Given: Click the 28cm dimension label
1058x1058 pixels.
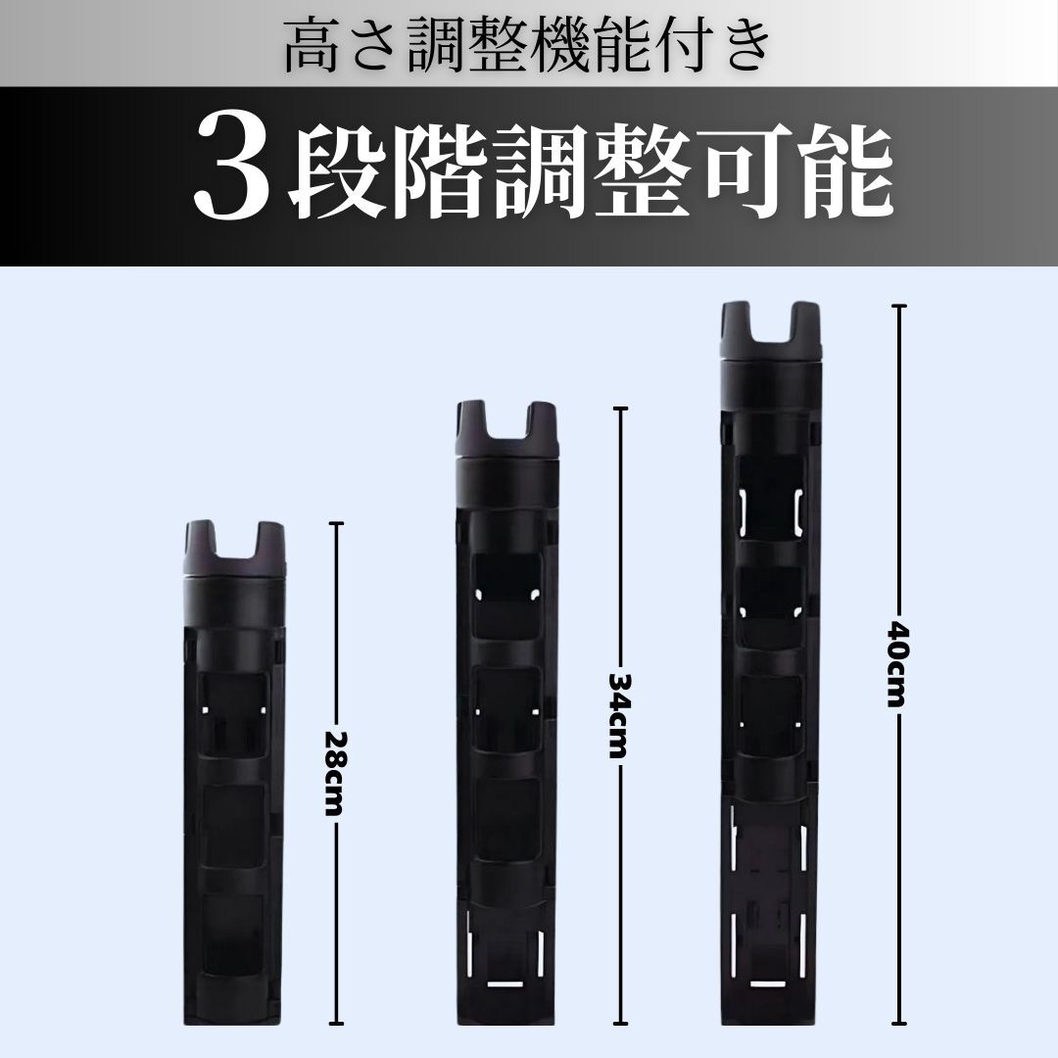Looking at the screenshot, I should [x=334, y=774].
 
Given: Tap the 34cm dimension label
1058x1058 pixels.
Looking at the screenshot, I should [x=617, y=715].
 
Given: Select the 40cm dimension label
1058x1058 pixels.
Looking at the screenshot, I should [x=897, y=662].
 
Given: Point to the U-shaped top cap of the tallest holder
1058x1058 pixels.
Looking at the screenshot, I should [x=770, y=330].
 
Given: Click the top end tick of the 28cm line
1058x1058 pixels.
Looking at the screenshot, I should [x=335, y=524].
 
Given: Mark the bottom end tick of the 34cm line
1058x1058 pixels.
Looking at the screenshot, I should [x=617, y=1022].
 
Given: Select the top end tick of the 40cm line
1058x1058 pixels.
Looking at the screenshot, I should [x=897, y=307].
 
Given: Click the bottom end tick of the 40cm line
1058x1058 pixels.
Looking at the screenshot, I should [x=897, y=1022].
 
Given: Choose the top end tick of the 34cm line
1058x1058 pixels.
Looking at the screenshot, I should [x=617, y=409].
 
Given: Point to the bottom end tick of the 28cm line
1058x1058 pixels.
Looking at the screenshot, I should [x=335, y=1022].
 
